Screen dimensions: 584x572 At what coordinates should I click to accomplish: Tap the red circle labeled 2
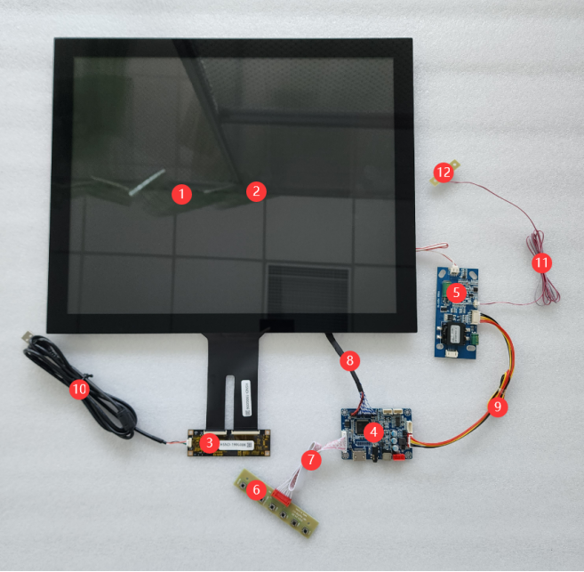click(255, 190)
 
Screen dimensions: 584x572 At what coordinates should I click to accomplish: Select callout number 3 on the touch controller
click(208, 443)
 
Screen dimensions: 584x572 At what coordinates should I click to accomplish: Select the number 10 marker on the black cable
click(80, 389)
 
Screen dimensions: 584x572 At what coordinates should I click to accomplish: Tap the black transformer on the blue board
click(454, 332)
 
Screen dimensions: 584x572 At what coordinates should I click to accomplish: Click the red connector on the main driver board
click(402, 456)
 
